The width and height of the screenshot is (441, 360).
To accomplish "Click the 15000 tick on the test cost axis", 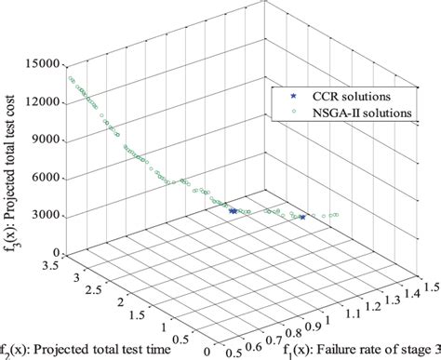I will pyautogui.click(x=44, y=64).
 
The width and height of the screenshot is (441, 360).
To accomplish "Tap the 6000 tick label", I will pyautogui.click(x=47, y=178).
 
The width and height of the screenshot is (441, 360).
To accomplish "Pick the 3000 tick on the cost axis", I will pyautogui.click(x=47, y=215).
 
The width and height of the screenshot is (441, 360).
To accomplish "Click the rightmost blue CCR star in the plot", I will pyautogui.click(x=302, y=217).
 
